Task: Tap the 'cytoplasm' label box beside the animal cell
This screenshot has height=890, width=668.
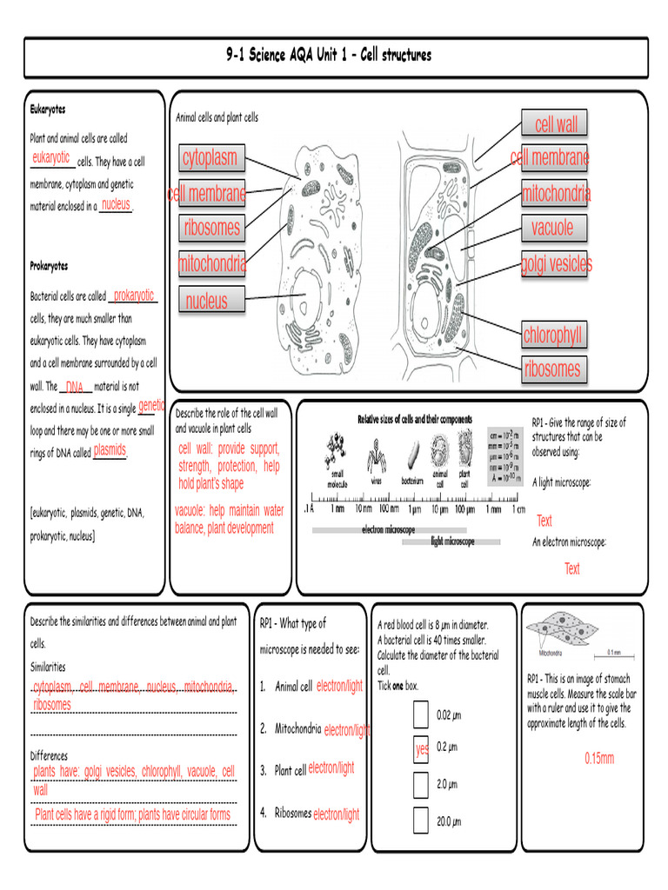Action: (210, 158)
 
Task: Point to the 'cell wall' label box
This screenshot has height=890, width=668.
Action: (555, 124)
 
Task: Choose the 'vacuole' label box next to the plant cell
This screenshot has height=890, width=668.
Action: (553, 228)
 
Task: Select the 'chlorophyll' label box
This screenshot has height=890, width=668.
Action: (553, 335)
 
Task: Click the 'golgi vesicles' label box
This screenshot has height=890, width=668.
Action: (555, 263)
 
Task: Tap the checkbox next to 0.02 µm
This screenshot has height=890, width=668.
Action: (421, 714)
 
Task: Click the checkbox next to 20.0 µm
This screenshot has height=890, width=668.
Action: (421, 820)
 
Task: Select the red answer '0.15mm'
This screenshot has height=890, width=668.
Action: (598, 758)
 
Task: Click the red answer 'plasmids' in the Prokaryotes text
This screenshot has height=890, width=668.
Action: (110, 450)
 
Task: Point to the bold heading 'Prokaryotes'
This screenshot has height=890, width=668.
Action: (49, 266)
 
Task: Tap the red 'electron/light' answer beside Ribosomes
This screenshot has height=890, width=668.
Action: (336, 814)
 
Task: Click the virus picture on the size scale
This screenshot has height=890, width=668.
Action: (377, 452)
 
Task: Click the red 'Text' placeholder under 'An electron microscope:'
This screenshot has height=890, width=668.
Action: (571, 569)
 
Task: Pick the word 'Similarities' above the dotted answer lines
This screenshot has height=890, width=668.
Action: (48, 667)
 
